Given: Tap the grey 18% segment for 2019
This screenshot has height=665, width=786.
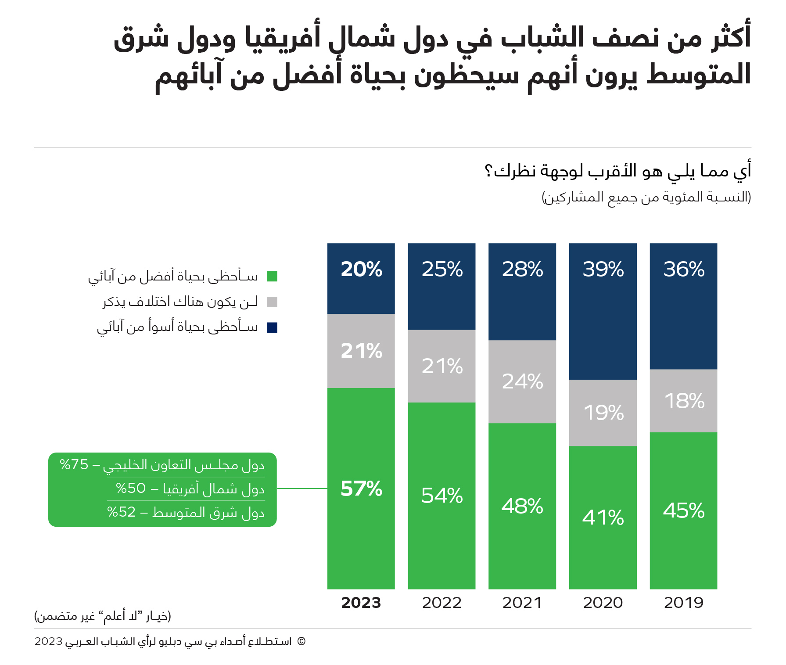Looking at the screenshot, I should coord(683,401).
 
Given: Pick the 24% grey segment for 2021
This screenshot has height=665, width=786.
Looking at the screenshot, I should coord(522,381).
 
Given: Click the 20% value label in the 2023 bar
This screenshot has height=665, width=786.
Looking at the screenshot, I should coord(361,269).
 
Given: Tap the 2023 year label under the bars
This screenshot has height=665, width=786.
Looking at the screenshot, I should coord(361,603).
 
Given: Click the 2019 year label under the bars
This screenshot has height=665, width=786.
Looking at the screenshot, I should coord(683,603).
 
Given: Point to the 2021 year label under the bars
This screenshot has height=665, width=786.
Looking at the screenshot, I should coord(522,603).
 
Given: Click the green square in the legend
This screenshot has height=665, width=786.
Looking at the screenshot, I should coord(272,276).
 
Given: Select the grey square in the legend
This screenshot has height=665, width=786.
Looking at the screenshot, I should coord(272,302).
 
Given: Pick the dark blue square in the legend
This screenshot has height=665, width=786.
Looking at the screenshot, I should coord(272,327).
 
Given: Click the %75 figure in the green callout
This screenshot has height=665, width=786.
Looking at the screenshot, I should coord(74,464).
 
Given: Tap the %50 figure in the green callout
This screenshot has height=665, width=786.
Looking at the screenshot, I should coord(130,488).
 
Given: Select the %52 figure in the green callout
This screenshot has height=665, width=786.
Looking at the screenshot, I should coord(121,512).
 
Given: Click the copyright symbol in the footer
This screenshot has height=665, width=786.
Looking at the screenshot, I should coord(301,641).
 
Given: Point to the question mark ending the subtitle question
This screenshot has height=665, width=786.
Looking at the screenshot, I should coord(488,170).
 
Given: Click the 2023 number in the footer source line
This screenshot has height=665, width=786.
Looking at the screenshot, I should coord(49,641).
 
